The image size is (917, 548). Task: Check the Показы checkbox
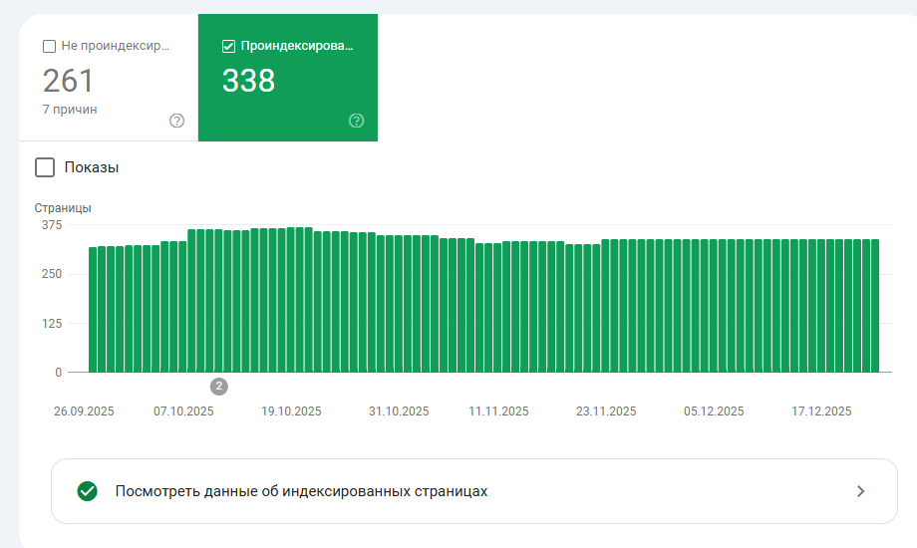pos(45,167)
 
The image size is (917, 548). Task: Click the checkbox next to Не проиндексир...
pos(49,46)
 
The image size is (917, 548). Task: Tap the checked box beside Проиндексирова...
pos(228,46)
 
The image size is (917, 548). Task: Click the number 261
pos(68,81)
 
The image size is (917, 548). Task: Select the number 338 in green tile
pos(248,81)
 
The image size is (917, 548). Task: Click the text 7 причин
pos(70,109)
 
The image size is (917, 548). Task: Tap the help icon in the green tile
pos(357,121)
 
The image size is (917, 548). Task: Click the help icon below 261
pos(177,121)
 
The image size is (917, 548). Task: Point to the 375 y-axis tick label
pos(51,225)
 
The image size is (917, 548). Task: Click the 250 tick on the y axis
pos(51,274)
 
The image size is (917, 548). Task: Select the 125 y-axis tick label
pos(51,323)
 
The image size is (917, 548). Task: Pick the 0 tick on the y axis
pos(58,373)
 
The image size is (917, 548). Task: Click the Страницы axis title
pos(63,208)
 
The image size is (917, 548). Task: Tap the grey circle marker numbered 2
pos(219,387)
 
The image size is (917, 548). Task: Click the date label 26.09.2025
pos(84,411)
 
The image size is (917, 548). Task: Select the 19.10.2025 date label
pos(291,411)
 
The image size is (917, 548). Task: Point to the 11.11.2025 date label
pos(498,411)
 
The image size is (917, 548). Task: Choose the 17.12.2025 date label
pos(822,411)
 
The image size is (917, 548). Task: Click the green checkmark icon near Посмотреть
pos(88,491)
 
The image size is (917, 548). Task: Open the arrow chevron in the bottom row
pos(861,491)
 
